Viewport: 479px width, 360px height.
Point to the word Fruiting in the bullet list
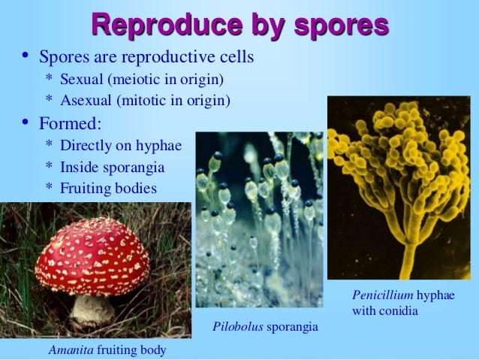click(x=86, y=188)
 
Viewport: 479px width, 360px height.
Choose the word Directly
click(x=87, y=144)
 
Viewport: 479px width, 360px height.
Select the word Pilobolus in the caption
click(x=236, y=327)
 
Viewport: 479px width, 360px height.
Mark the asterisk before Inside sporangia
click(x=49, y=168)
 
